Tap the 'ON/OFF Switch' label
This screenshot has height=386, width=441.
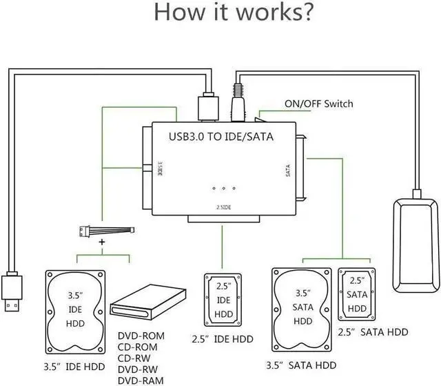click(x=318, y=104)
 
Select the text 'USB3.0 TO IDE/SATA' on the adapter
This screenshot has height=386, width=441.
click(x=221, y=137)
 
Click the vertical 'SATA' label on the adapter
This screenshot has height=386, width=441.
click(x=287, y=171)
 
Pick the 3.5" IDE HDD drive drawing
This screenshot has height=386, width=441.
click(x=76, y=310)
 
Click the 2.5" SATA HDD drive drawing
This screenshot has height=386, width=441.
click(x=357, y=295)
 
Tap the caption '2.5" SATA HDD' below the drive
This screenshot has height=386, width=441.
click(x=373, y=332)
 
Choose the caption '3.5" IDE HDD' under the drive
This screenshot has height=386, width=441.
click(x=75, y=365)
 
